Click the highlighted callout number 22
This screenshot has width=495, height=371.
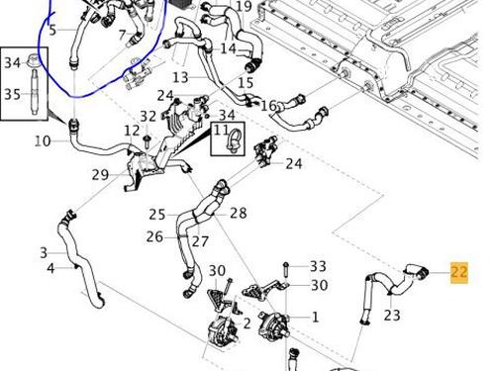(x=459, y=272)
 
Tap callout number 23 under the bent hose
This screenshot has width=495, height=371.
(x=392, y=315)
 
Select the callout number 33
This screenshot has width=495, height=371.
(x=318, y=266)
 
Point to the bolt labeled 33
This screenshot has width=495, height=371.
(x=286, y=269)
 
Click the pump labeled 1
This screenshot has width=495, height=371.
(x=272, y=325)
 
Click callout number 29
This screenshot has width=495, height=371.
(x=100, y=175)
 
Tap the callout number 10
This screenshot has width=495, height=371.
(x=43, y=141)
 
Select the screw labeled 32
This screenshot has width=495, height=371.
(x=147, y=140)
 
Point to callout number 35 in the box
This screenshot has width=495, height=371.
(x=12, y=94)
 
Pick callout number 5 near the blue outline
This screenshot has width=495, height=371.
(x=52, y=30)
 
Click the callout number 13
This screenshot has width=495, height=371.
(x=180, y=77)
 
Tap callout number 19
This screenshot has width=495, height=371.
(x=244, y=6)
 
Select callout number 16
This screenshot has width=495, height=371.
(x=268, y=106)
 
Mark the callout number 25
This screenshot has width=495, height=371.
(x=157, y=215)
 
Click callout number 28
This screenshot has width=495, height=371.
(x=239, y=213)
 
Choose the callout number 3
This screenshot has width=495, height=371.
(x=44, y=253)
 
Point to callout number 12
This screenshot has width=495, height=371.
(x=132, y=131)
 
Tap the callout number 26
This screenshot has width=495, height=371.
(x=154, y=236)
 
